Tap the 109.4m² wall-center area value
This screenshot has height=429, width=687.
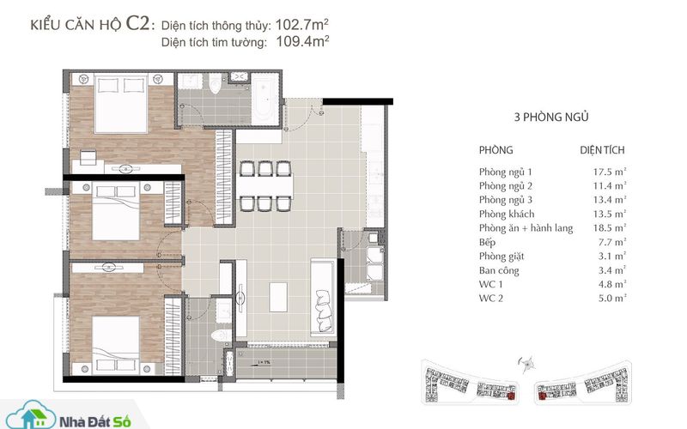[303, 41]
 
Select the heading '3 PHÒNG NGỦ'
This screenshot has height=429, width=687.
[551, 117]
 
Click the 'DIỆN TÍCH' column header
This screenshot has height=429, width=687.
[602, 149]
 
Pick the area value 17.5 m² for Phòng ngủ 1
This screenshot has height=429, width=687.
[610, 172]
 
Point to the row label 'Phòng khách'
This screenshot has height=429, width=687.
[507, 214]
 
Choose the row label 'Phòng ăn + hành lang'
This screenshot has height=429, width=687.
[526, 228]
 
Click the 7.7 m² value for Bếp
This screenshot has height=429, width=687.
[612, 242]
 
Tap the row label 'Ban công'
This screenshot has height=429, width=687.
[499, 270]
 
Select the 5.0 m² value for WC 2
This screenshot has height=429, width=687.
[612, 298]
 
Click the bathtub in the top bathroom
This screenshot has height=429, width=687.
[265, 100]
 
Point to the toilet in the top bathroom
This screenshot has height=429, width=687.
[216, 84]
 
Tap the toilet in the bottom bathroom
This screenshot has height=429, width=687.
[221, 335]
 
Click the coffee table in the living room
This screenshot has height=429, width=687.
[278, 297]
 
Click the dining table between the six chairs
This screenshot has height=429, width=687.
[265, 185]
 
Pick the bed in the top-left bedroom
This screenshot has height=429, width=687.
[121, 103]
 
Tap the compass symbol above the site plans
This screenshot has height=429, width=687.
[527, 364]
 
